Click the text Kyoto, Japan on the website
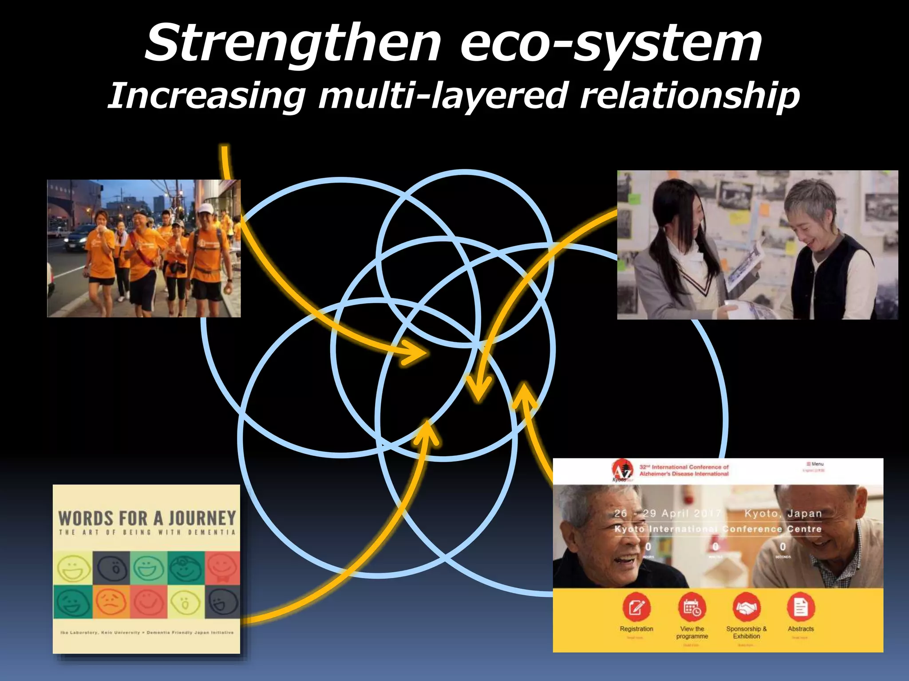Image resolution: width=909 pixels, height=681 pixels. pyautogui.click(x=783, y=513)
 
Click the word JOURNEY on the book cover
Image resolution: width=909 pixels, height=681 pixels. pyautogui.click(x=202, y=518)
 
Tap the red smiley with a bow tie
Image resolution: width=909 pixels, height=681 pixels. pyautogui.click(x=222, y=568)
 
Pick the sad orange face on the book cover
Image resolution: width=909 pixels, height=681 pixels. pyautogui.click(x=111, y=602)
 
